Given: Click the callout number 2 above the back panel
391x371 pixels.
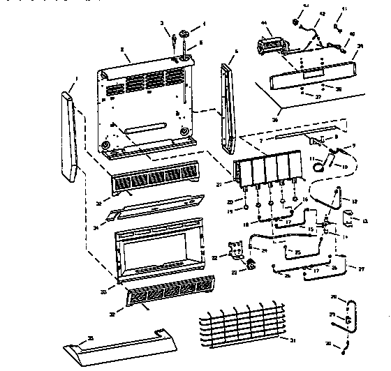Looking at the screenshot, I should point(123,50).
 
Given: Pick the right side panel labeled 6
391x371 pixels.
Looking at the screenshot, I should point(228,108).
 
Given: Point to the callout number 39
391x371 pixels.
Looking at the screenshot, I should point(360,46).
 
